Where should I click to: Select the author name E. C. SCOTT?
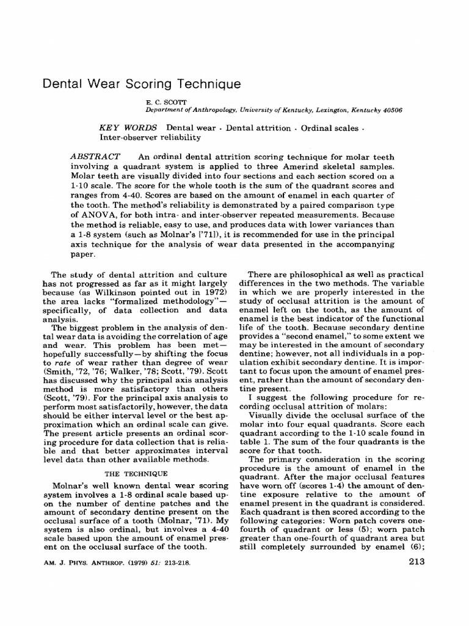pos(161,101)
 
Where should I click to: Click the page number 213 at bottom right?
pos(415,563)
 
